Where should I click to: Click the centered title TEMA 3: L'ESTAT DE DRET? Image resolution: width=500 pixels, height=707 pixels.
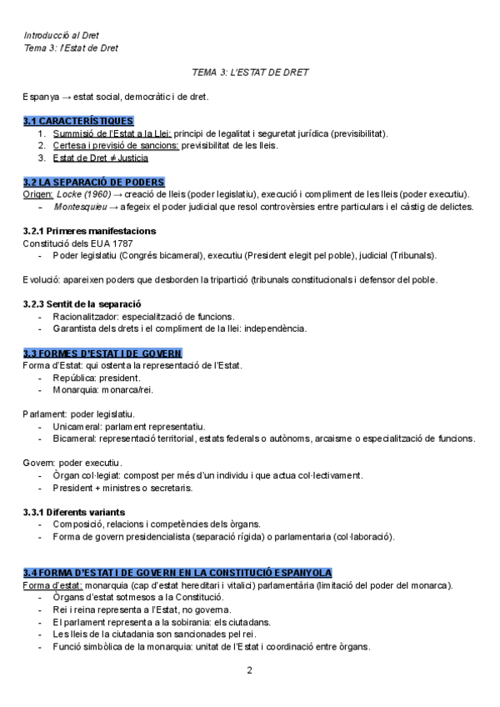coord(250,73)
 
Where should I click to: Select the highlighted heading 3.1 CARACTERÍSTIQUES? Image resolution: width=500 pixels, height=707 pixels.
coord(78,121)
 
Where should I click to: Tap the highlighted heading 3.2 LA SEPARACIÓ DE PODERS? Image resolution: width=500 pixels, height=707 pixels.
coord(93,182)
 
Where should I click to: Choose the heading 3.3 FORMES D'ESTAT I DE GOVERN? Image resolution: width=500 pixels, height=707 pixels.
coord(102,353)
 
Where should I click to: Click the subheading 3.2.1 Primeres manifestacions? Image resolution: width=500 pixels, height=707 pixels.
coord(89,230)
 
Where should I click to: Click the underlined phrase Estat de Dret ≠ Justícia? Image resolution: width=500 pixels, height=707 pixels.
coord(100,158)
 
